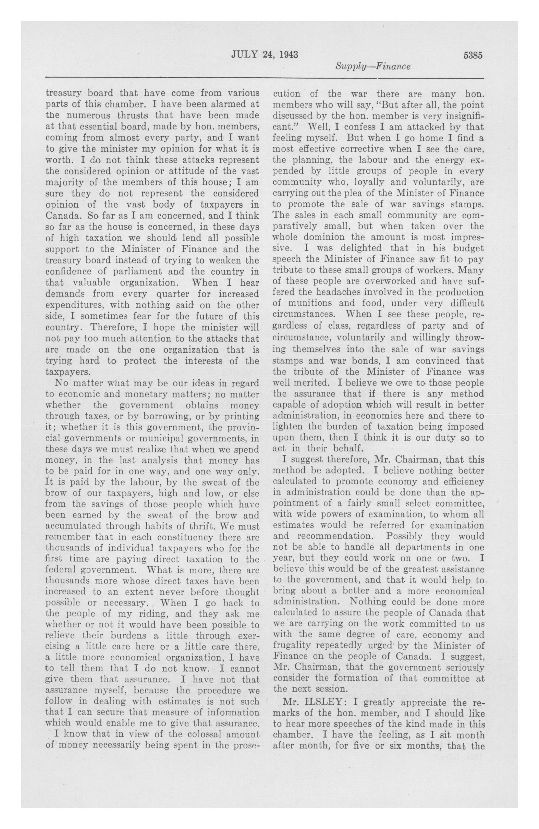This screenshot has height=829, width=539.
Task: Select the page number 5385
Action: click(x=472, y=55)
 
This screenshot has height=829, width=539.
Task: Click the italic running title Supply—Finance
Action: click(x=373, y=66)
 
